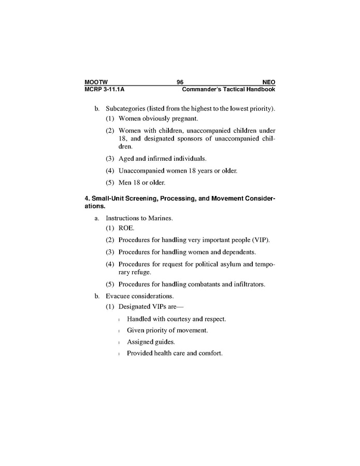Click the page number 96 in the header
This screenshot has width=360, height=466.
180,82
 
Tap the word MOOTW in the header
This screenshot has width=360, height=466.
95,82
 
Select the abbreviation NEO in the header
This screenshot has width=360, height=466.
269,82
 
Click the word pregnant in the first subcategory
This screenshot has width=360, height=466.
162,119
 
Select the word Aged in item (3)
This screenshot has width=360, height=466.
126,158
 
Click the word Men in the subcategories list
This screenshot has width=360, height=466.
125,182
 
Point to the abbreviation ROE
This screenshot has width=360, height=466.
126,228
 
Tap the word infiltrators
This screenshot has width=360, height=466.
248,284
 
